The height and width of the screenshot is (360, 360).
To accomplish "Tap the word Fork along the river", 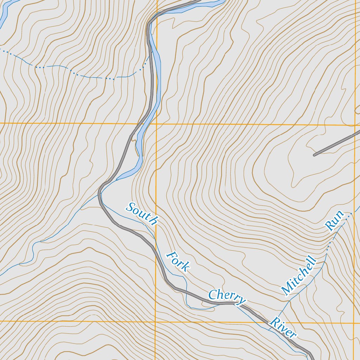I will tap(178, 262).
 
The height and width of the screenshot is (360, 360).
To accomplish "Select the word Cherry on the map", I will tap(227, 297).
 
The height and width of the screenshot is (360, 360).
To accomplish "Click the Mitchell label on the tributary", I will tap(299, 276).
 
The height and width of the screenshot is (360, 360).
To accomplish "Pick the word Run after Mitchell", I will tap(334, 221).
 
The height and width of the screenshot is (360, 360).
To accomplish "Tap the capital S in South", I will tap(130, 207).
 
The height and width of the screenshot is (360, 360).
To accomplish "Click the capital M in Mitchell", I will tap(286, 290).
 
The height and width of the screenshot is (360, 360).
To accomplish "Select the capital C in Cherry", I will tap(212, 295).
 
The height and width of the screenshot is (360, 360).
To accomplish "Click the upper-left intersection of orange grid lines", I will tap(156, 124).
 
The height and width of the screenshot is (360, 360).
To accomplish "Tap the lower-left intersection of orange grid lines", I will tap(155, 321).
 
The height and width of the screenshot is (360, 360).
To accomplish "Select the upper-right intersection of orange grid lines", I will tap(355, 125).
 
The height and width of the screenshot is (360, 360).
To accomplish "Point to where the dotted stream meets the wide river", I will tap(148, 60).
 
